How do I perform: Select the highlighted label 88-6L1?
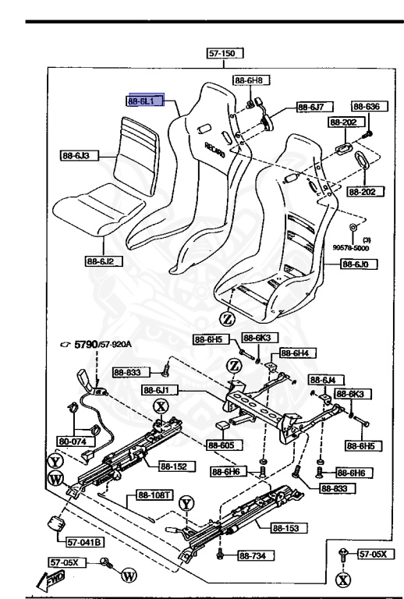[145, 101]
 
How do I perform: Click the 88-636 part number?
[365, 107]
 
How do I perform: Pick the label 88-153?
[288, 528]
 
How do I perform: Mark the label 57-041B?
[83, 543]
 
